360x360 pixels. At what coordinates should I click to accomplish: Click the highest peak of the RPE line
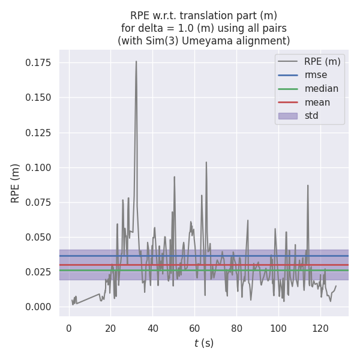point(136,61)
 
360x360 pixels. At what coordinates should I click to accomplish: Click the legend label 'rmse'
point(316,75)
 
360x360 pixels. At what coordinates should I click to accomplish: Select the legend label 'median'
point(321,89)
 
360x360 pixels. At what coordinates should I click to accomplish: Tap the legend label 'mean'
point(317,102)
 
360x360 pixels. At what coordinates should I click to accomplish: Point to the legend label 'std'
point(311,116)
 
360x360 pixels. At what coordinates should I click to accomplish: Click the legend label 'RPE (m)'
point(322,61)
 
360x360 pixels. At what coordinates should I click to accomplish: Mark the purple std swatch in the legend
point(287,116)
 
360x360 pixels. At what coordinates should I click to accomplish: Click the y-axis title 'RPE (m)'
point(16,183)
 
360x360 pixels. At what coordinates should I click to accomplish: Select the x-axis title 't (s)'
point(204,343)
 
